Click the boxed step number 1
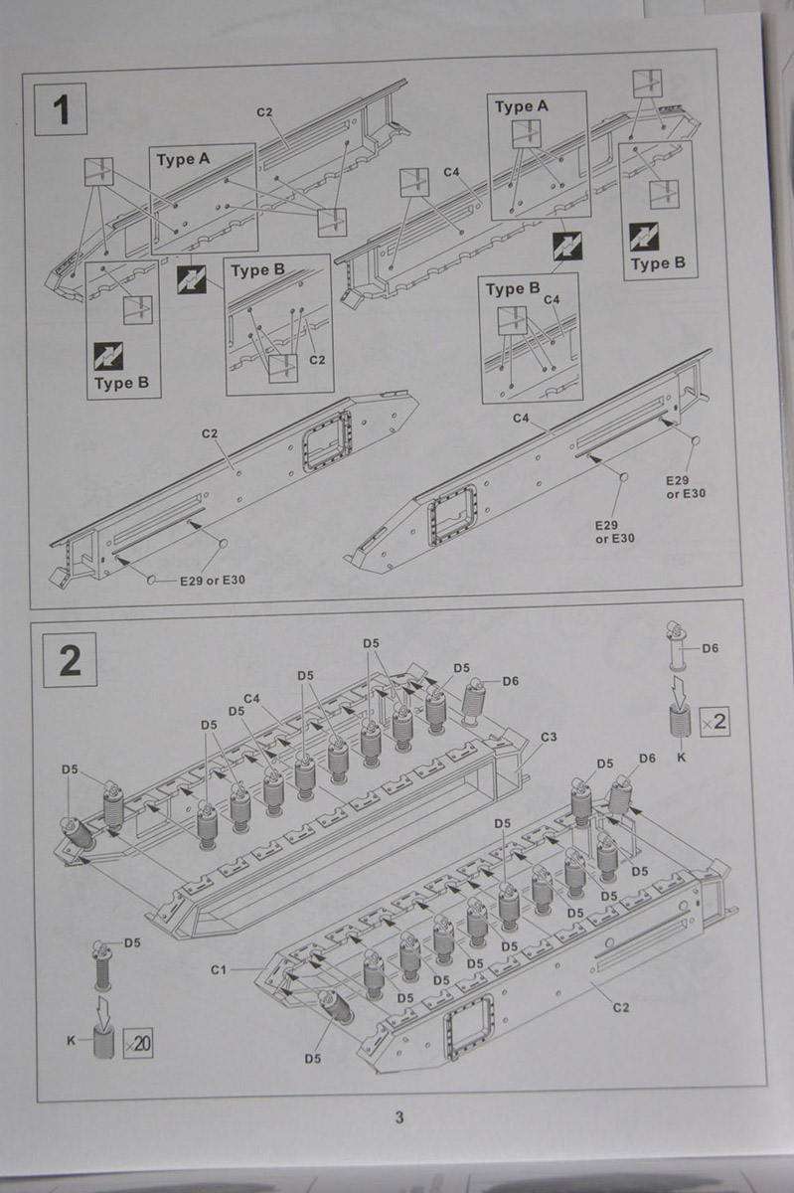pos(62,110)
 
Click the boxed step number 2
pos(70,660)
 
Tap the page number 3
pos(399,1117)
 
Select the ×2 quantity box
pos(714,722)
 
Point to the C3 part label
pos(549,737)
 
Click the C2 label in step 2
pos(620,1008)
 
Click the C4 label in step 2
pos(251,699)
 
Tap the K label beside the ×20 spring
pos(71,1040)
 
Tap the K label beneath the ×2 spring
pos(680,757)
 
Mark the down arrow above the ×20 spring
pos(102,1009)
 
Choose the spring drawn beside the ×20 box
pos(102,1044)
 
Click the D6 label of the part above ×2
pos(711,648)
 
